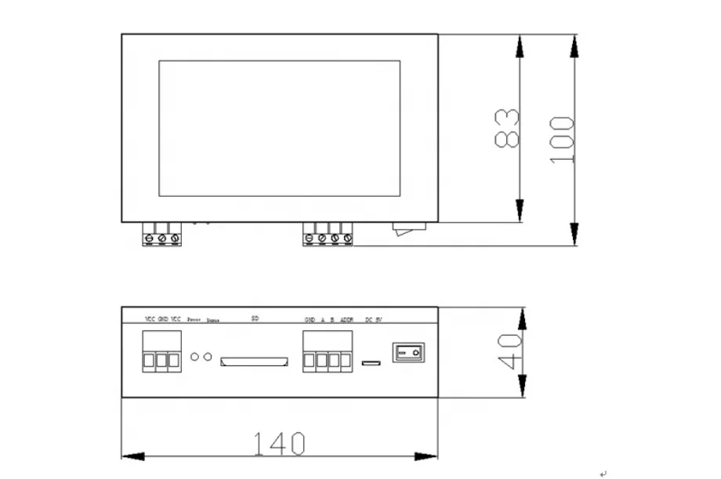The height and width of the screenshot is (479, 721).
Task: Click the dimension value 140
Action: (x=278, y=444)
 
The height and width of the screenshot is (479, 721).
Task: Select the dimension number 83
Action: (x=507, y=128)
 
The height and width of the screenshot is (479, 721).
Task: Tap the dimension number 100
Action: (x=562, y=140)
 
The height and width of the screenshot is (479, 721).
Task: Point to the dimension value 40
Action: (x=509, y=352)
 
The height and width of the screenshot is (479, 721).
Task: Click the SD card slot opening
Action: (x=254, y=361)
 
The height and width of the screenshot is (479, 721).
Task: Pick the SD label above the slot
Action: (x=255, y=318)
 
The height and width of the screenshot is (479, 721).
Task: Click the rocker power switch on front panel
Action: (x=408, y=352)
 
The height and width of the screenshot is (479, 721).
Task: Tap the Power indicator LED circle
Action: (x=194, y=357)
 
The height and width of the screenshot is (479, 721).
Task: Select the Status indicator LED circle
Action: (x=208, y=357)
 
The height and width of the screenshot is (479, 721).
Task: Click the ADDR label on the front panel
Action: (x=347, y=320)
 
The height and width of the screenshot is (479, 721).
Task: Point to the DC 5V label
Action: (x=374, y=320)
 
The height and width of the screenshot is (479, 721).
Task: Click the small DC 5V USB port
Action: (x=372, y=363)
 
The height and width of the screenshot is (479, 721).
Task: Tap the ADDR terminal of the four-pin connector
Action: (x=346, y=361)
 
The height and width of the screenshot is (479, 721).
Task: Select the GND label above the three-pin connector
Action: (x=163, y=319)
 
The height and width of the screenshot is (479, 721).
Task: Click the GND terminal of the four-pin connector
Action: (x=310, y=361)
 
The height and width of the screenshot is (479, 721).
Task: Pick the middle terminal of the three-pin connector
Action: (x=161, y=361)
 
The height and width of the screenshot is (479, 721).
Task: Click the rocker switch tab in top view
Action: (x=409, y=228)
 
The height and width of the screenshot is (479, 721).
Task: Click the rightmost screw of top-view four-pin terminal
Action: (x=347, y=238)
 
